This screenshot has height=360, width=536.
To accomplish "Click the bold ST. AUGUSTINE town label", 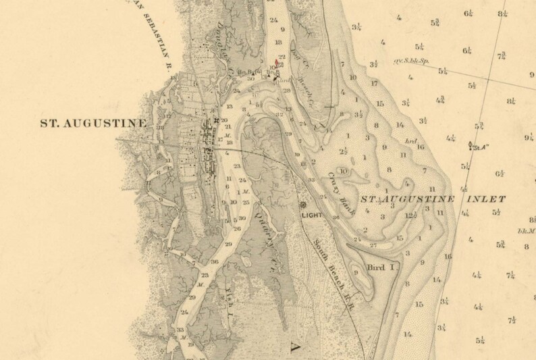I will [x=94, y=123].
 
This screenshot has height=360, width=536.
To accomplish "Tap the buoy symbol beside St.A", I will [x=469, y=143].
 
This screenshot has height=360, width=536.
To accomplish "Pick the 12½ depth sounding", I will [x=410, y=216].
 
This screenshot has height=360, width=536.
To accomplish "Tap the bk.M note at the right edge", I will [x=527, y=231].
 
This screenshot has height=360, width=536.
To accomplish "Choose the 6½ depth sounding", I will [x=500, y=173].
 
